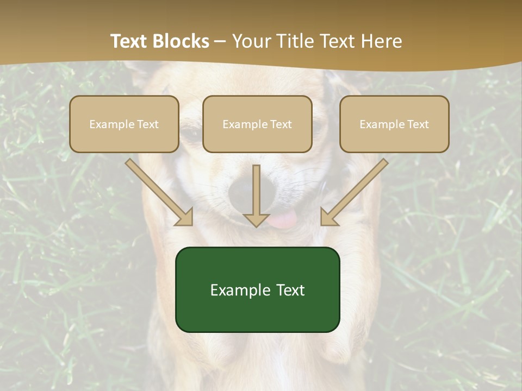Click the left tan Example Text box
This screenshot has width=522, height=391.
coord(124,124)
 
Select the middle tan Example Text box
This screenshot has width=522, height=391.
coord(257,124)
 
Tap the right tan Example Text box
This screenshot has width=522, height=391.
coord(394,124)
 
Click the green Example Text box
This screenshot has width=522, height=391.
coord(257,289)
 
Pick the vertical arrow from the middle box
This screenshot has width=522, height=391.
coord(257,195)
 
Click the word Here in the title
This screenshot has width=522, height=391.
coord(380,41)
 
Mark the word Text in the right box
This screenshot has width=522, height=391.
coord(418,124)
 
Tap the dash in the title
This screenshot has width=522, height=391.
coord(220,41)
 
